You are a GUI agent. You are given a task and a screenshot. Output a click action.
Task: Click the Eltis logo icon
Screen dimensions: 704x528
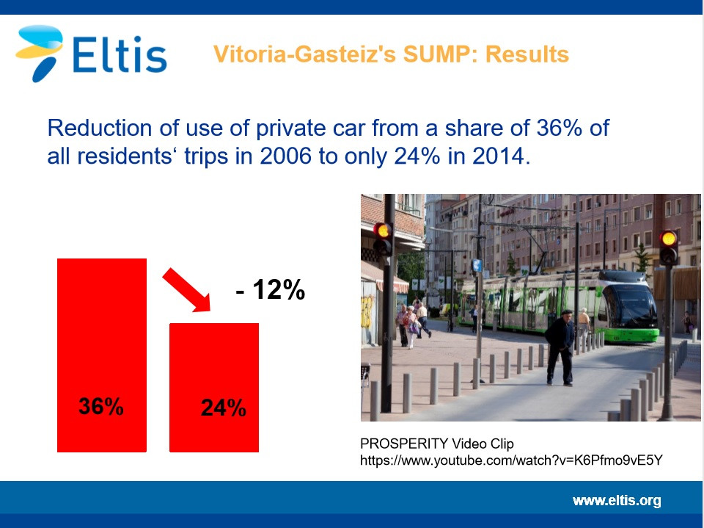pos(40,53)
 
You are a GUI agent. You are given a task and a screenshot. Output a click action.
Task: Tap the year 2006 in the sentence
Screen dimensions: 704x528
pos(285,156)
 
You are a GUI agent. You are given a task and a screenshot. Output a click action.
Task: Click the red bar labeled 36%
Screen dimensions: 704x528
pos(102,355)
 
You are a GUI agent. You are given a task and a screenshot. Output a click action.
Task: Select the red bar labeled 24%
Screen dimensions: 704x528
pos(213,387)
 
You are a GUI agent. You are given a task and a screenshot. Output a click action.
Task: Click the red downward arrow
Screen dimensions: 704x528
pos(186,289)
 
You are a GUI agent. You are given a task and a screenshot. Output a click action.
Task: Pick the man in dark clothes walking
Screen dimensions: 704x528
pos(560,347)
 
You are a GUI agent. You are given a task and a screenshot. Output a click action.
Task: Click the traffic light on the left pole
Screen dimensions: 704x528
pos(383,239)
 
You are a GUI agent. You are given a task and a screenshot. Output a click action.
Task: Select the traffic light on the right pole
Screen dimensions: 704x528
pos(669,247)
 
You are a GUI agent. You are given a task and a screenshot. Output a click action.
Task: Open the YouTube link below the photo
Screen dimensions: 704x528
pos(511,460)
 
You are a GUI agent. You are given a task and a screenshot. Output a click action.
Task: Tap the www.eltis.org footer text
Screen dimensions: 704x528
pos(617,501)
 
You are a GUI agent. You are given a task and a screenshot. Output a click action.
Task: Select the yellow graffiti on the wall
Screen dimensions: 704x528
pos(367,311)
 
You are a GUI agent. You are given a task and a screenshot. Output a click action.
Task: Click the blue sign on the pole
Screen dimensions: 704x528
pos(477,265)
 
